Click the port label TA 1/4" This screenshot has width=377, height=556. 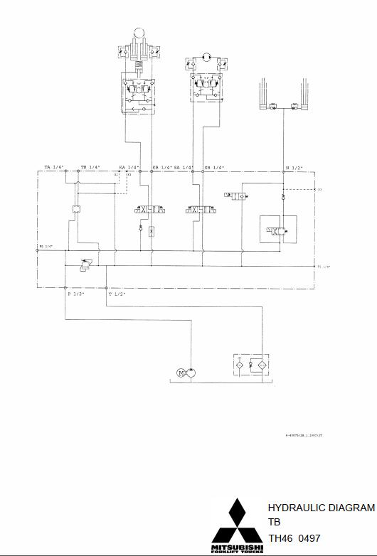[54, 167]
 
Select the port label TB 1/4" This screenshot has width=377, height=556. [90, 167]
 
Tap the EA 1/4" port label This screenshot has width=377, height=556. [128, 167]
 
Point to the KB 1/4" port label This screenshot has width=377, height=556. [161, 167]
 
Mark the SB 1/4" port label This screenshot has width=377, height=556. [214, 167]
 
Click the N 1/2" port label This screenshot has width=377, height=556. [294, 167]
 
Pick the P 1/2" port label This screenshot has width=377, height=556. [75, 294]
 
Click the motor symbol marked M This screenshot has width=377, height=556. [181, 371]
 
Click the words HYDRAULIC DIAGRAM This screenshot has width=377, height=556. [321, 508]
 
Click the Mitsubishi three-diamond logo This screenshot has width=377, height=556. [239, 520]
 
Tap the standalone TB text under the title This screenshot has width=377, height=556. [274, 523]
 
